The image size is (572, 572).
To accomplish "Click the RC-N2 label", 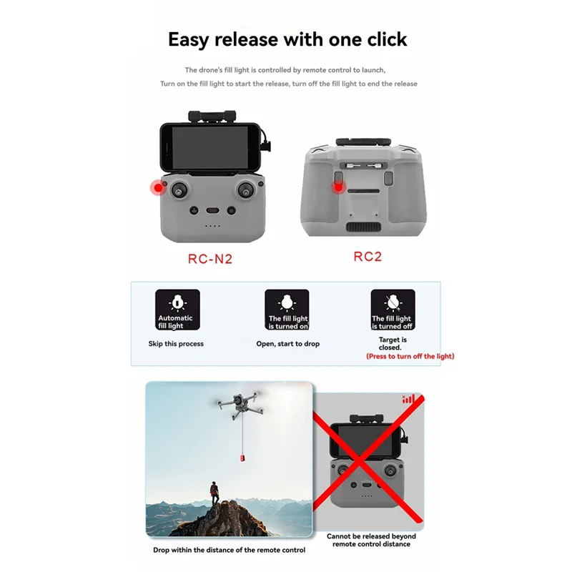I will [209, 259].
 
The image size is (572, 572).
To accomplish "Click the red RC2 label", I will [368, 256].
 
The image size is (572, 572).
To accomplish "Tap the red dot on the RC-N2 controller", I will [157, 188].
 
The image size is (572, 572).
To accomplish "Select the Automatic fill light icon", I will [175, 310].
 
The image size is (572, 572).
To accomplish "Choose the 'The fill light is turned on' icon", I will [287, 310].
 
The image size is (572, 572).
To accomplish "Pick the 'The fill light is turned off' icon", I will [392, 310].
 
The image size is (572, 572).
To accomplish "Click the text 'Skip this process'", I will [176, 344].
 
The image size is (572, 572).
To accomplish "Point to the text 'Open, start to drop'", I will [288, 344].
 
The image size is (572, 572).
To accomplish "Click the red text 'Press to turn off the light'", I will [410, 356].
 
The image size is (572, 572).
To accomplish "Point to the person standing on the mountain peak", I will [214, 492].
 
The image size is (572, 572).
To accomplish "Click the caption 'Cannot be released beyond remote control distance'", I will [371, 540].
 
